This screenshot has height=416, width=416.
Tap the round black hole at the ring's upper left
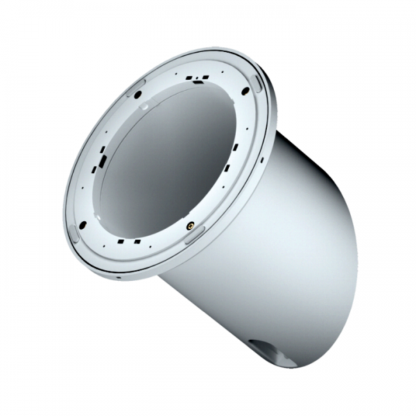[138, 94]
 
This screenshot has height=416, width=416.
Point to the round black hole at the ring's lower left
[83, 224]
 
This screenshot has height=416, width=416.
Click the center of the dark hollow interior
[170, 163]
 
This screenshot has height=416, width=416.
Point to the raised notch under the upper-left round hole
[144, 107]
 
